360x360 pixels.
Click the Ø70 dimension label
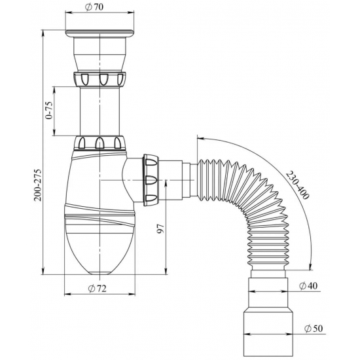click(x=94, y=7)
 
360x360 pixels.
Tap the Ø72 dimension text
click(x=97, y=289)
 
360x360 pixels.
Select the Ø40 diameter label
click(x=308, y=286)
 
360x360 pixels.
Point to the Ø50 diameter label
click(x=314, y=329)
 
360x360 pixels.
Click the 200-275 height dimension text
click(x=37, y=185)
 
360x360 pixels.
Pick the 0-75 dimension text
click(x=49, y=110)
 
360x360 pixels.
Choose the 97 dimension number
click(x=161, y=228)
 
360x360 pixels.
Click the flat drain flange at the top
click(x=99, y=33)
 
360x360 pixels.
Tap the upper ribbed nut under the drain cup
click(x=100, y=79)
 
